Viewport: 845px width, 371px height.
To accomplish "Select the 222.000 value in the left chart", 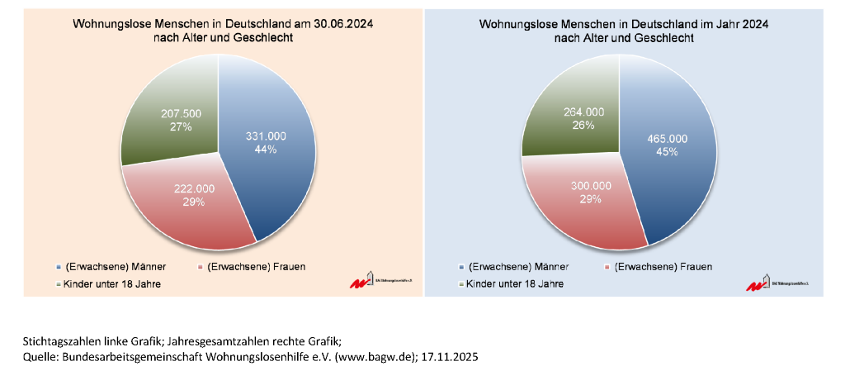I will point(194,188).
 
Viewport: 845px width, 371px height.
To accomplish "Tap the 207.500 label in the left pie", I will point(181,113).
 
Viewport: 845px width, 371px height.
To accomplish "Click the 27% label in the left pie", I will point(181,126).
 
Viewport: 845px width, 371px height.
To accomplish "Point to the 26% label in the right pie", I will point(583,126).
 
